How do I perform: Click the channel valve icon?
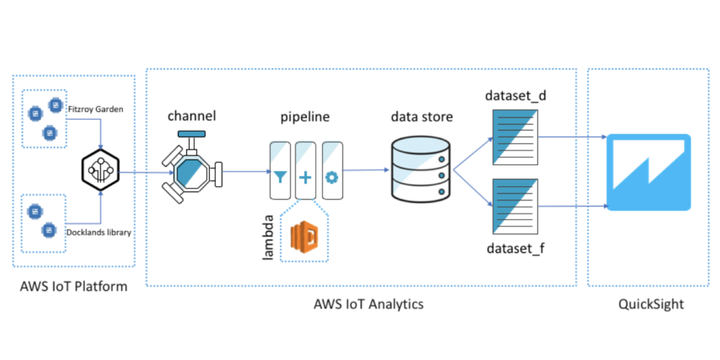pyautogui.click(x=189, y=169)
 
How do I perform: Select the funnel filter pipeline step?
pyautogui.click(x=280, y=171)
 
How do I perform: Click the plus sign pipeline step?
pyautogui.click(x=305, y=171)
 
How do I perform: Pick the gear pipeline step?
pyautogui.click(x=331, y=171)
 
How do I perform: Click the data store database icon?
pyautogui.click(x=419, y=168)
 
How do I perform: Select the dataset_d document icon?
pyautogui.click(x=515, y=139)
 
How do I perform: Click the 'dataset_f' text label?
pyautogui.click(x=514, y=247)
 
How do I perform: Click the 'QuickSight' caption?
pyautogui.click(x=651, y=304)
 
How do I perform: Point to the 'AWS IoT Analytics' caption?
pyautogui.click(x=368, y=304)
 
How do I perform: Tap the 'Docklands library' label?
pyautogui.click(x=98, y=233)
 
